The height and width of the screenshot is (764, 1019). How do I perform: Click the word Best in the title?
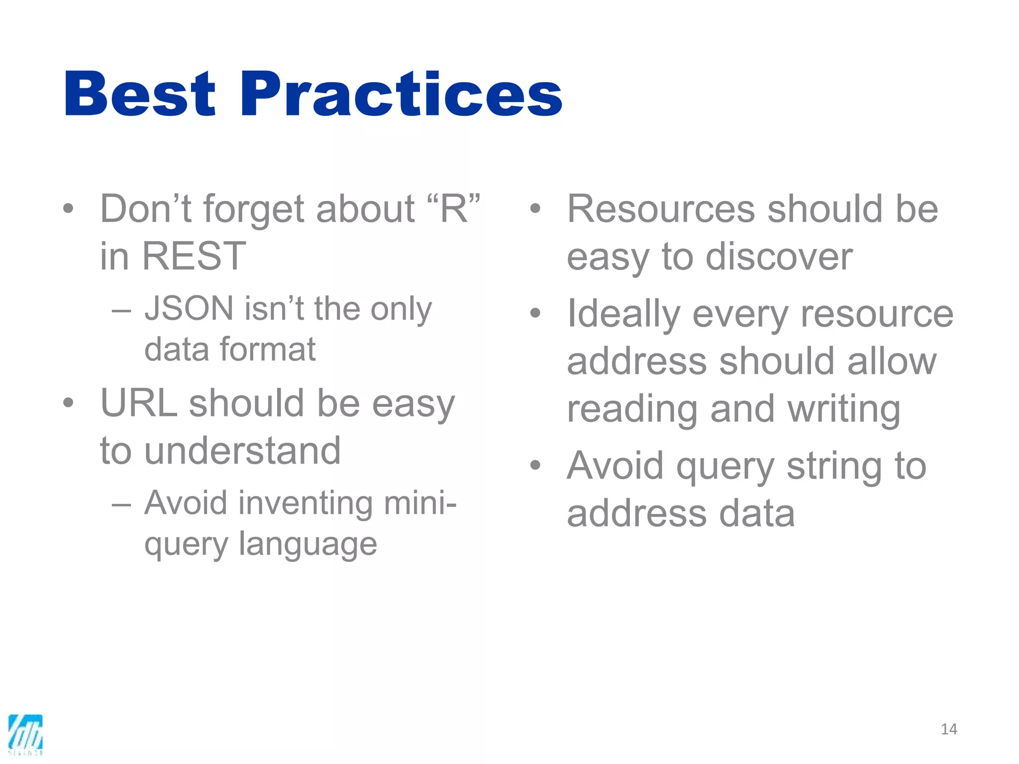(x=140, y=95)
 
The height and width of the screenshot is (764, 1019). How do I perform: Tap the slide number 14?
(x=949, y=729)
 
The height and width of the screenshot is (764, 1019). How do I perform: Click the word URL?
(x=139, y=403)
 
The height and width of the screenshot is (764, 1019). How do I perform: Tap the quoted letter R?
(x=453, y=209)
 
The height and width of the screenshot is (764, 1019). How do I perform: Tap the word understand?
(x=242, y=451)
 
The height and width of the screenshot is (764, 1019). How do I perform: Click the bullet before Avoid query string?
(x=535, y=465)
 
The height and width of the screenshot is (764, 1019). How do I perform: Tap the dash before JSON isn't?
(x=121, y=311)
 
